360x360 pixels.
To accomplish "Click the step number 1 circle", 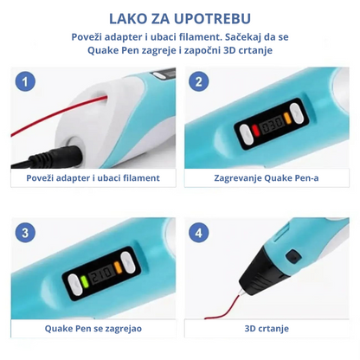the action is tap(25, 81).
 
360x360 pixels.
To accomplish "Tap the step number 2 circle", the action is tap(199, 81).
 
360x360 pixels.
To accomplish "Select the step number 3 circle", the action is tap(25, 233).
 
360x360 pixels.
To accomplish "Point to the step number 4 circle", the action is tap(199, 233).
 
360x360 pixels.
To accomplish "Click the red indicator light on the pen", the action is tap(255, 130).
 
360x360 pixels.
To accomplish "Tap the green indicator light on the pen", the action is tap(84, 281).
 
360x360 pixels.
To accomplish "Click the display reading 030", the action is tap(271, 125).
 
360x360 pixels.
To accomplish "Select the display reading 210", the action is tap(100, 273).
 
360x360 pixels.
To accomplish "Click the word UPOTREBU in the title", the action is tap(213, 19).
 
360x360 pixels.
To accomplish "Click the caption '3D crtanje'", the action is tap(267, 328).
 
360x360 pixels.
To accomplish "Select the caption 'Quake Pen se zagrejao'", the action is tap(93, 328).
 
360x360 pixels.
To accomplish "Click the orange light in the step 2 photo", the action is tap(287, 118).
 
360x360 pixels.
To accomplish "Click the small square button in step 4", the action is tap(292, 256).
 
